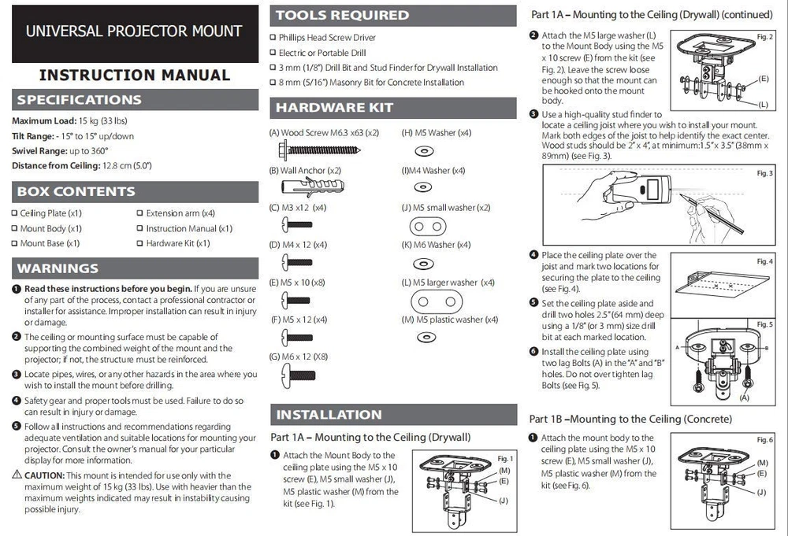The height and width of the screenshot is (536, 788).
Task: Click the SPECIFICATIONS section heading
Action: tap(80, 100)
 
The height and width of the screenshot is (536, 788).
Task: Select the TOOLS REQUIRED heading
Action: tap(343, 15)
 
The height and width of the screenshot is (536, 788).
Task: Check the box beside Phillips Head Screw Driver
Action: tap(273, 38)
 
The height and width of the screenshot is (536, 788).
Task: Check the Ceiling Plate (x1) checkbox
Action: tap(14, 213)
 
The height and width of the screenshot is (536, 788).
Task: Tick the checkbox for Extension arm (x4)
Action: tap(139, 213)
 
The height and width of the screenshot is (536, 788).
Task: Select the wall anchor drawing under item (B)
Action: tap(312, 187)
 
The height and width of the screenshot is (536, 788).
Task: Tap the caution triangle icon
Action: tap(17, 475)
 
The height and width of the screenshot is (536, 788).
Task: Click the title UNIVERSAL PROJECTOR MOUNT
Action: tap(134, 32)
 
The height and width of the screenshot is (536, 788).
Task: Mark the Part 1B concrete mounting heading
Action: tap(630, 419)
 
